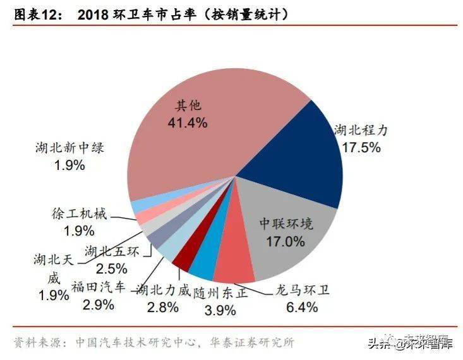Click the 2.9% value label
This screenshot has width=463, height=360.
98,304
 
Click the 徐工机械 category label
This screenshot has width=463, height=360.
78,213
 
